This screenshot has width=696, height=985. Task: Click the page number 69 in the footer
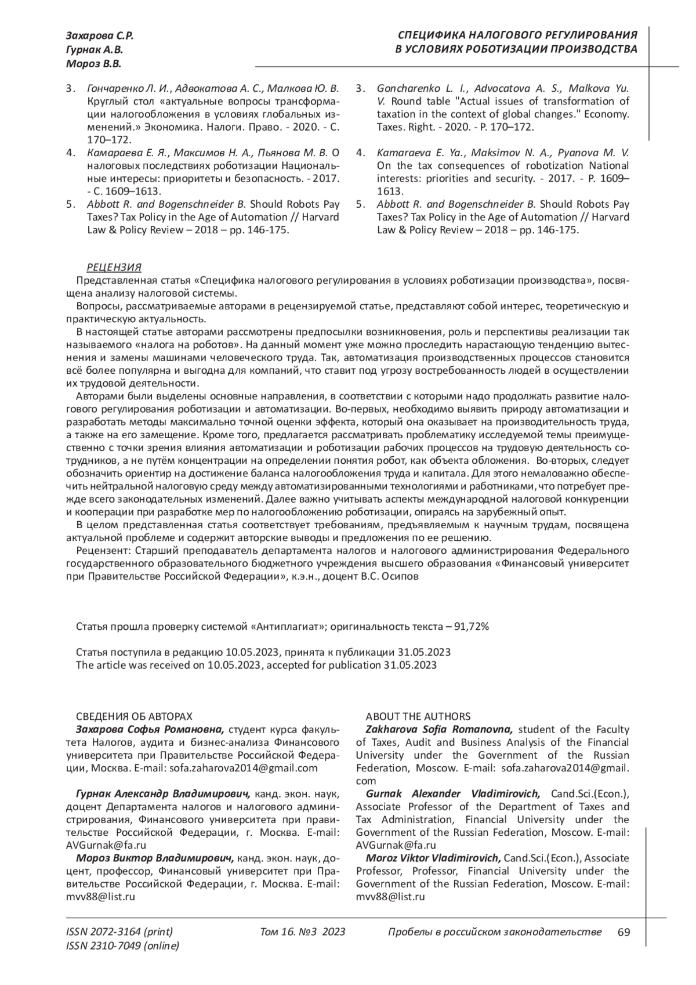(623, 932)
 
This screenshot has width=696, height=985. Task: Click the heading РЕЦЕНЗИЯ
(114, 268)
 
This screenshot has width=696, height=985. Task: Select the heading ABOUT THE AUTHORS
(418, 716)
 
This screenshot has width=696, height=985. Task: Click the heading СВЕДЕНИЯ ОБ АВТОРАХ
(134, 716)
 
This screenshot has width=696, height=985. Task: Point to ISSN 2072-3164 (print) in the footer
(120, 932)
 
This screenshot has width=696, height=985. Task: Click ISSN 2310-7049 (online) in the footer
(123, 946)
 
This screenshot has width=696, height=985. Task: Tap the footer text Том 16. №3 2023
(303, 932)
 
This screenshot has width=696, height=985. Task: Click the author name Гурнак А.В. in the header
(94, 50)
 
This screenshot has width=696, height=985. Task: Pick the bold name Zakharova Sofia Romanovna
(438, 729)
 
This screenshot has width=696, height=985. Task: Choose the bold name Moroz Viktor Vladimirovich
(433, 858)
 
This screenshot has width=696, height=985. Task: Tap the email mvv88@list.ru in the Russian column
(101, 896)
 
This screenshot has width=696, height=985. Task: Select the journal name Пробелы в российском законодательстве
(494, 932)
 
